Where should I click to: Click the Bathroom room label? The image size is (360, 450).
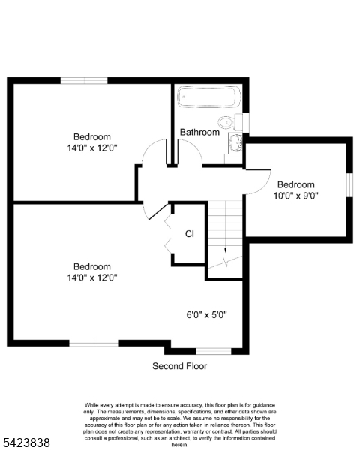pos(199,133)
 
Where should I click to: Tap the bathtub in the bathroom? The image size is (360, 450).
pos(208,97)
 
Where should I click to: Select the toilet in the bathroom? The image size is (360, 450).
pos(226,122)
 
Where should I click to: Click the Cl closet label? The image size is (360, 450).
pos(190,234)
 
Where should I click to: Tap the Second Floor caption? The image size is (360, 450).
pos(180,366)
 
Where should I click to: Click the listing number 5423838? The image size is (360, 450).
pos(26,443)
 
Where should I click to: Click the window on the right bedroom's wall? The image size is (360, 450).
pos(349,185)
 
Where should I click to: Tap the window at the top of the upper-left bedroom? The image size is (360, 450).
pos(83,80)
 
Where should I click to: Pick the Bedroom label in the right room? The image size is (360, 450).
pos(296,184)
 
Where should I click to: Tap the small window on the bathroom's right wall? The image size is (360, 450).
pos(247,123)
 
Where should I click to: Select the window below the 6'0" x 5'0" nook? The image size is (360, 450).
pos(213,350)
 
